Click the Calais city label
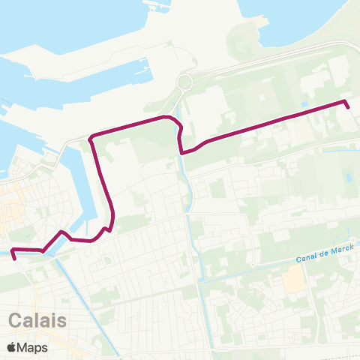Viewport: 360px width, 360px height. point(38,320)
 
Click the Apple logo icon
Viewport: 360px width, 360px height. point(11,347)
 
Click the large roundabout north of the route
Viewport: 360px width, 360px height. point(185,82)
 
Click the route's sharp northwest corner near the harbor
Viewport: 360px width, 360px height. point(91,138)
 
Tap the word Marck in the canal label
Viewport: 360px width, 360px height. point(338,250)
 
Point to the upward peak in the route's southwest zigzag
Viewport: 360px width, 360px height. point(60,232)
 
